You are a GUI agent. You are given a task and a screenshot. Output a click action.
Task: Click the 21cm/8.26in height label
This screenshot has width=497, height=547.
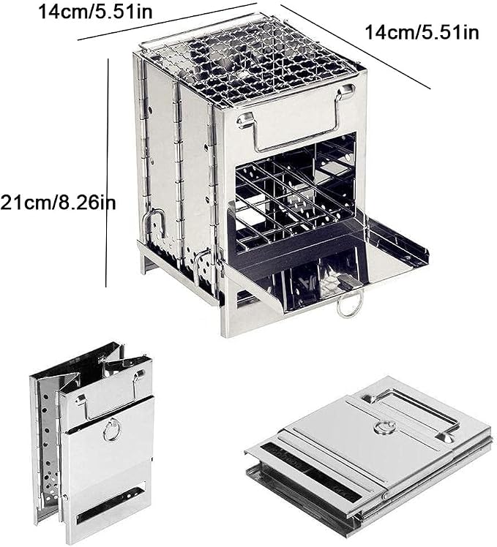(x=58, y=203)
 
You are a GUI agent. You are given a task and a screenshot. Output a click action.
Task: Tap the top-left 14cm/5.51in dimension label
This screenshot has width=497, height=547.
(x=95, y=12)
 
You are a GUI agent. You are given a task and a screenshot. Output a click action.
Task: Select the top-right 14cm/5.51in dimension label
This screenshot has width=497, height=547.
(x=422, y=33)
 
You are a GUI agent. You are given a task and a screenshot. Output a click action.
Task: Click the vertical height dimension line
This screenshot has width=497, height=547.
(x=107, y=173)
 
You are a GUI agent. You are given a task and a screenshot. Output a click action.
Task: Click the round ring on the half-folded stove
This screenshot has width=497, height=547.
(x=112, y=429)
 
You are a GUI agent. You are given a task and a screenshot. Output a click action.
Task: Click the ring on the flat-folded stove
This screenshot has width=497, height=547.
(x=384, y=428)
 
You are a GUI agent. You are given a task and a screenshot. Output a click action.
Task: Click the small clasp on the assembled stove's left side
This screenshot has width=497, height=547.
(x=154, y=223)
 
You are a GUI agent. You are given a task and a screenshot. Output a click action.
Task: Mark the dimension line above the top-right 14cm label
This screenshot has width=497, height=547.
(x=355, y=47)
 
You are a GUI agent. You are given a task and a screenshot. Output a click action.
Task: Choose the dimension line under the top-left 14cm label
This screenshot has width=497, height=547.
(x=168, y=22)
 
